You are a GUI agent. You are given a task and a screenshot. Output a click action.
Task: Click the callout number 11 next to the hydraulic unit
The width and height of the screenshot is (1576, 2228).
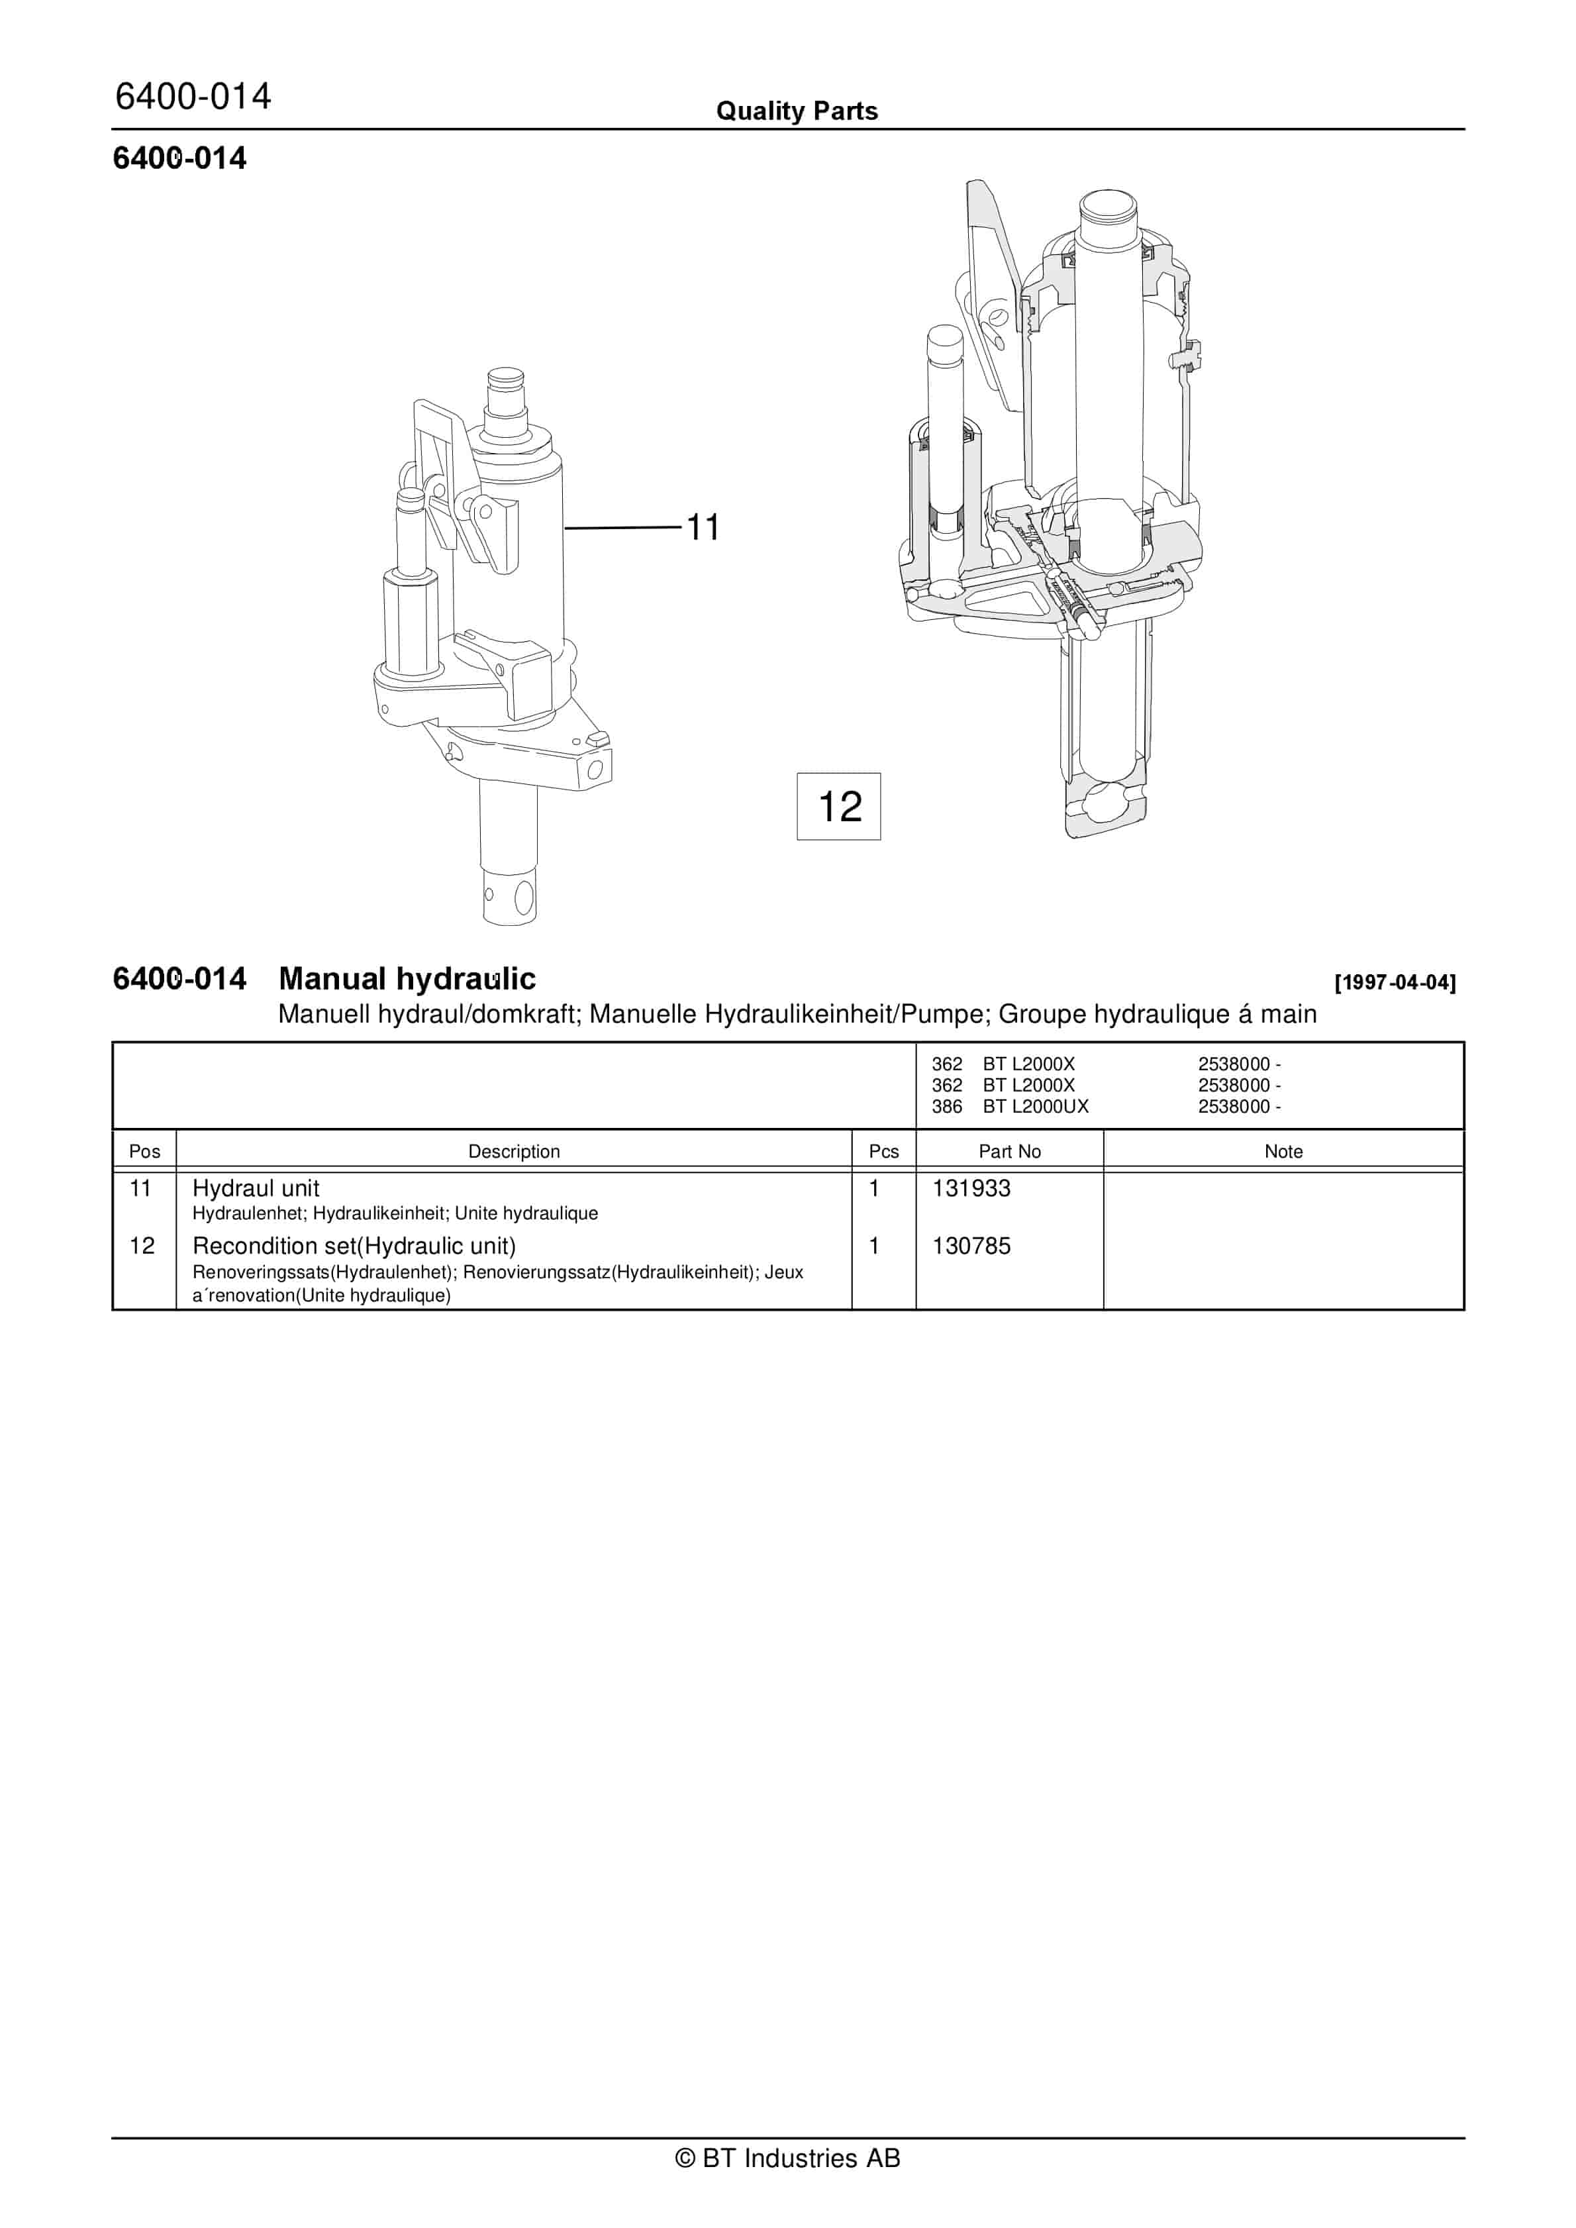[x=703, y=528]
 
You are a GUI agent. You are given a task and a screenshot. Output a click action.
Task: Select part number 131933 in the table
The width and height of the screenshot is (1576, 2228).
[x=971, y=1189]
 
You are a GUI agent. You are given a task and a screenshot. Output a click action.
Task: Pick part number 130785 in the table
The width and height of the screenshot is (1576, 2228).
[x=971, y=1246]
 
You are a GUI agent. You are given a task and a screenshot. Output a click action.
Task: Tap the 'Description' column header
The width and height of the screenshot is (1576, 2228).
[x=515, y=1152]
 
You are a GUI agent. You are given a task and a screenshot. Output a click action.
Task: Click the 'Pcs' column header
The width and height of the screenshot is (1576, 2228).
[x=884, y=1152]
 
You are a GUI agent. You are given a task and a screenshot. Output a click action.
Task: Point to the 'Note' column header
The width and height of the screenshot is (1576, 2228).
[x=1283, y=1152]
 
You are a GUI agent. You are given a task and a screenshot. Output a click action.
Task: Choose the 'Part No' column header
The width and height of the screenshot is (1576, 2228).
[x=1009, y=1152]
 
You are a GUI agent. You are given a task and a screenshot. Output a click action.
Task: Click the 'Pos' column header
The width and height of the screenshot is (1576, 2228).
[x=144, y=1152]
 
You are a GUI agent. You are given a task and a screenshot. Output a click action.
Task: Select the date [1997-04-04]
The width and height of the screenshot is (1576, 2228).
[x=1395, y=982]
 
